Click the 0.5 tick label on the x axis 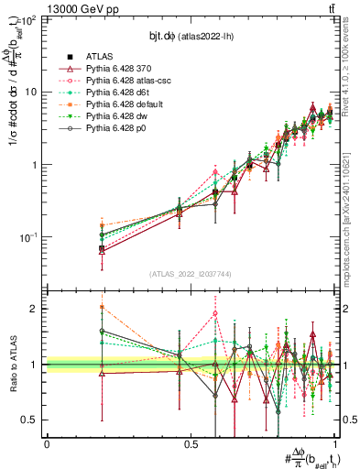190,443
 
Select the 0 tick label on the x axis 47,443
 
